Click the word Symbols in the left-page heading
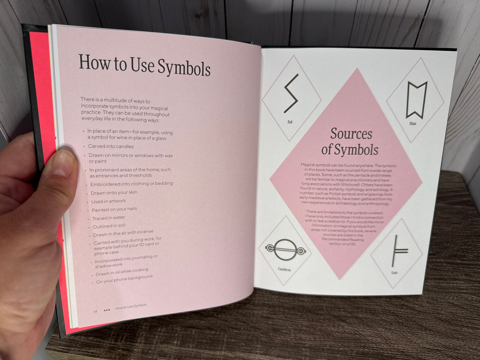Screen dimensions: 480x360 pyautogui.click(x=184, y=68)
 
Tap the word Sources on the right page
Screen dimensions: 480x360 pyautogui.click(x=351, y=134)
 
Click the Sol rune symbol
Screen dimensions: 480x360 pyautogui.click(x=291, y=94)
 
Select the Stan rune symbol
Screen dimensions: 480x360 pyautogui.click(x=416, y=100)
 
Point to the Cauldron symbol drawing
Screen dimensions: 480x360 pyautogui.click(x=285, y=250)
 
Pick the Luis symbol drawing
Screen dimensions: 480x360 pyautogui.click(x=399, y=251)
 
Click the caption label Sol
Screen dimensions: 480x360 pyautogui.click(x=290, y=122)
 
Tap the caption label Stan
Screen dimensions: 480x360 pyautogui.click(x=413, y=124)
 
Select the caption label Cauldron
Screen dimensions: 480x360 pyautogui.click(x=284, y=269)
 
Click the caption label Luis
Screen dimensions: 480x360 pyautogui.click(x=394, y=272)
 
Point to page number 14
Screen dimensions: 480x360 pyautogui.click(x=95, y=311)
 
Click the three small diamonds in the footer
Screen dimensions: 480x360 pyautogui.click(x=107, y=310)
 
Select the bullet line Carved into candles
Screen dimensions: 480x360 pyautogui.click(x=111, y=146)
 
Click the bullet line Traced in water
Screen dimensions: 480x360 pyautogui.click(x=109, y=218)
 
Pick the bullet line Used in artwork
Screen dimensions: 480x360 pyautogui.click(x=109, y=201)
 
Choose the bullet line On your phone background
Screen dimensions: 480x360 pyautogui.click(x=124, y=279)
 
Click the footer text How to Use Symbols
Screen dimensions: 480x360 pyautogui.click(x=131, y=306)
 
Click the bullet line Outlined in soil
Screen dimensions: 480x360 pyautogui.click(x=109, y=226)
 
